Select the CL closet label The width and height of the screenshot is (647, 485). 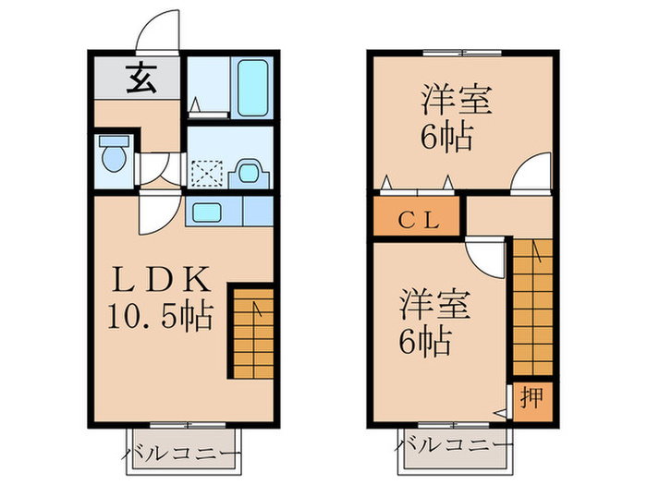coord(417,221)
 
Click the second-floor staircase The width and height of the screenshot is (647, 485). coord(531,305)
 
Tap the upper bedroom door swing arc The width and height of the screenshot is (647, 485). coord(531,176)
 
